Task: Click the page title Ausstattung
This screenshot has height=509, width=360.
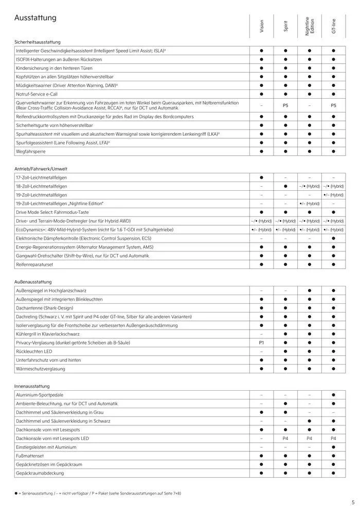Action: pos(35,19)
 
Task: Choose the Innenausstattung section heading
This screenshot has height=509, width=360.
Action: pos(32,386)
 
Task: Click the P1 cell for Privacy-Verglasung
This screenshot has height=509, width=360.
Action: pos(261,342)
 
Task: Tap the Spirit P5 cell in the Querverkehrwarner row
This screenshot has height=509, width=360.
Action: pos(285,105)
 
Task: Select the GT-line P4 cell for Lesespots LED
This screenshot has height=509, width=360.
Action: pos(333,439)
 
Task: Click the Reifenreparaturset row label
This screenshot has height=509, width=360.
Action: pos(35,264)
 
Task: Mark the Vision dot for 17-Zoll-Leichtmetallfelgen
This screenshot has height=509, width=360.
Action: pos(261,177)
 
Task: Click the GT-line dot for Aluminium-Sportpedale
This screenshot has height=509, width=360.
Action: pos(333,395)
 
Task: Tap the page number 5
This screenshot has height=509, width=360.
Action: pos(353,502)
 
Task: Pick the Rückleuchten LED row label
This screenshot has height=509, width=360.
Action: pos(35,351)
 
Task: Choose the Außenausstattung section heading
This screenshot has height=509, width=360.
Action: pos(33,282)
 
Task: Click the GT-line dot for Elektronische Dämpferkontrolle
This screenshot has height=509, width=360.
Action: pos(333,239)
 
